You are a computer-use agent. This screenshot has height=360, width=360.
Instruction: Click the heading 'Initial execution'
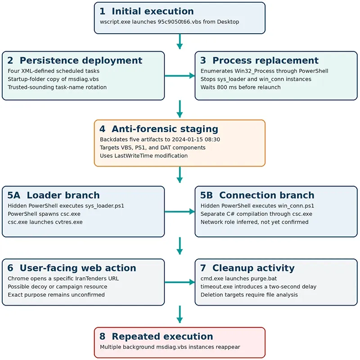(153, 11)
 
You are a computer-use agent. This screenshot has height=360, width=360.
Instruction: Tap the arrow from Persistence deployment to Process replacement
(180, 76)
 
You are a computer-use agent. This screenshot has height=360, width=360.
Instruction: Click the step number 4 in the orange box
(103, 129)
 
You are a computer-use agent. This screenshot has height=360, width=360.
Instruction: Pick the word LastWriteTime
(134, 156)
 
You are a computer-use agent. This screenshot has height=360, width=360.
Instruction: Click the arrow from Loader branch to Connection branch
(180, 211)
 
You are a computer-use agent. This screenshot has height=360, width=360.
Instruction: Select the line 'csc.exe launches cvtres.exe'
(45, 222)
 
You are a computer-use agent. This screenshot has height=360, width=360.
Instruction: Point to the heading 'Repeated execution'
(162, 336)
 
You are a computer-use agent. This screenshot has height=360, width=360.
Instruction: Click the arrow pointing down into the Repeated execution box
(180, 314)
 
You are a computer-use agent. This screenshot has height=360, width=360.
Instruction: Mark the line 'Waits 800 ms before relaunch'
(240, 87)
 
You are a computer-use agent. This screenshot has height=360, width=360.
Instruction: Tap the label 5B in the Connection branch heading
(206, 195)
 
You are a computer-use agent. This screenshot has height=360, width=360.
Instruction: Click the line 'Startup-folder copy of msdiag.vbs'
(53, 79)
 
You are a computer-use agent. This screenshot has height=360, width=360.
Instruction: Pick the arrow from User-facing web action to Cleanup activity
(180, 282)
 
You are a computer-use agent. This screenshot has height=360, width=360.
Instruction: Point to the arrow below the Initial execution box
(180, 41)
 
